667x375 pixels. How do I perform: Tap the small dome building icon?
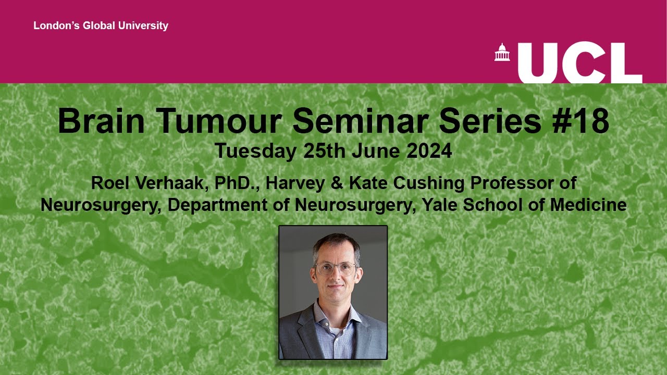click(502, 53)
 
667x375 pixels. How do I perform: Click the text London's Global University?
click(101, 26)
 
